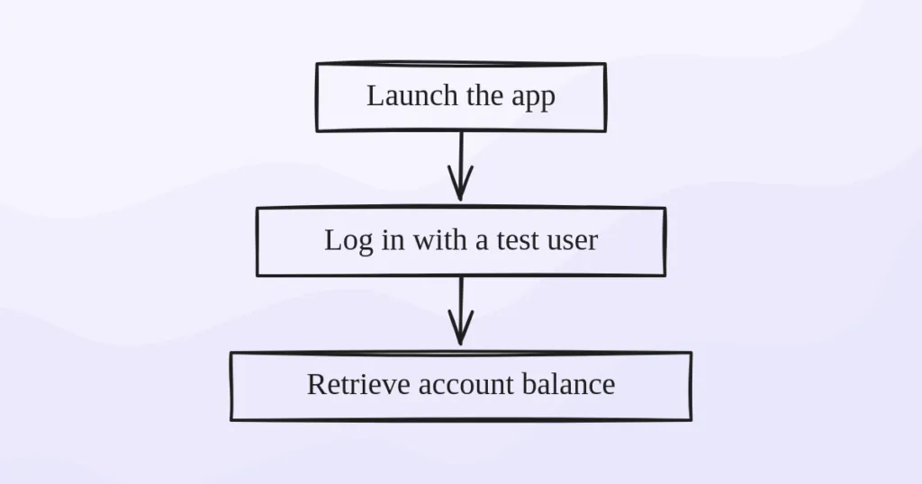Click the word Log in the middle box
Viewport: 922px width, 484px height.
pos(343,241)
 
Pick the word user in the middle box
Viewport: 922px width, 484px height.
pos(574,241)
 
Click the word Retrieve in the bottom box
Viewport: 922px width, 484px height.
pos(348,384)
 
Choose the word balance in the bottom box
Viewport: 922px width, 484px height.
pos(568,384)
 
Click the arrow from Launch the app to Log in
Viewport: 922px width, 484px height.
pos(461,162)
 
